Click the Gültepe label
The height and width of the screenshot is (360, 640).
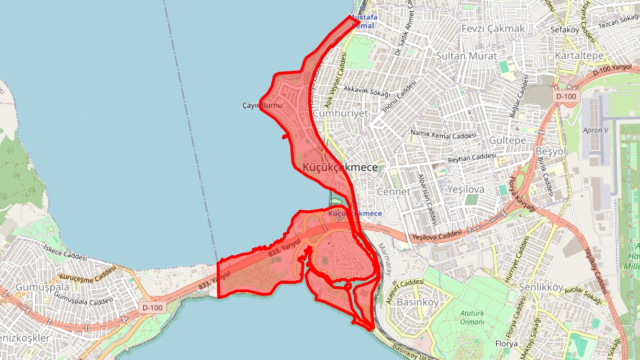507,142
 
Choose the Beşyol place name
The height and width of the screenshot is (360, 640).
553,149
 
